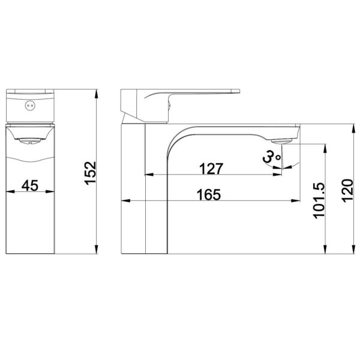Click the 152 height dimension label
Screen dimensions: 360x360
point(90,173)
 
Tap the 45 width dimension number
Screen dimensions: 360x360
point(30,185)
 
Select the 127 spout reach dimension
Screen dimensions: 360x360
point(211,169)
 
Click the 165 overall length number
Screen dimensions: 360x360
point(209,194)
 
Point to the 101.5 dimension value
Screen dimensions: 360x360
point(319,200)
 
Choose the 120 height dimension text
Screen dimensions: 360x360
point(347,191)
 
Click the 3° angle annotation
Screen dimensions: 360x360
point(272,157)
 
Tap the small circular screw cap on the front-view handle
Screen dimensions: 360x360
point(30,106)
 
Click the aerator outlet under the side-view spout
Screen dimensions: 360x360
point(282,141)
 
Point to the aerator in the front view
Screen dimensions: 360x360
point(30,141)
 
